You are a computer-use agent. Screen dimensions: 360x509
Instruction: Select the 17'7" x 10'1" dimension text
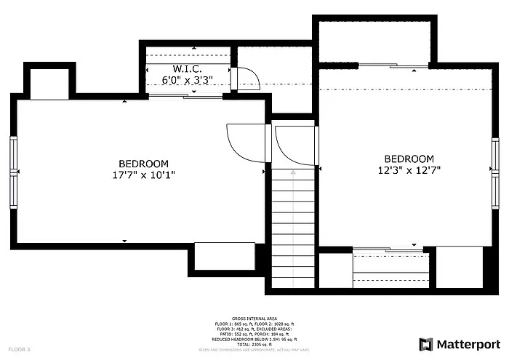pos(144,175)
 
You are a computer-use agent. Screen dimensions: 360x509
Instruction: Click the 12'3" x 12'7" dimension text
pos(409,169)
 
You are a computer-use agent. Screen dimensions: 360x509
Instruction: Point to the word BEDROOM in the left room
pos(144,164)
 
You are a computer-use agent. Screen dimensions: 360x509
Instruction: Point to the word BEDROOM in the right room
pos(409,159)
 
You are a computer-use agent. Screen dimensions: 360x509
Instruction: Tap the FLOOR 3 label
pos(19,350)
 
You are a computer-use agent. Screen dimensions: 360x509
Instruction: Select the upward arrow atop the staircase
pos(293,173)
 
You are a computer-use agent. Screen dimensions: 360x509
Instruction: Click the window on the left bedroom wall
pos(12,172)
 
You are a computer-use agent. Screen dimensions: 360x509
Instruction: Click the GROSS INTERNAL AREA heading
pos(254,319)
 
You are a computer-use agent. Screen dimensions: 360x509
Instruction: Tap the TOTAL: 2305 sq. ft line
pos(254,345)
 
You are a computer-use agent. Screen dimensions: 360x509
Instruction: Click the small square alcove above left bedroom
pos(49,84)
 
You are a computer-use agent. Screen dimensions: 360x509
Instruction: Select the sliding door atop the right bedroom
pos(393,66)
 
